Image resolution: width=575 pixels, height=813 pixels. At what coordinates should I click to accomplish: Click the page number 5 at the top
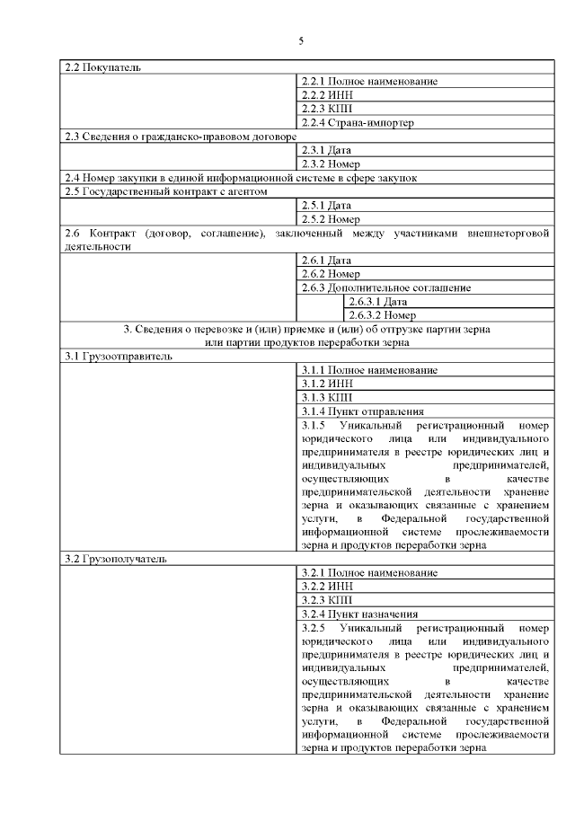pyautogui.click(x=301, y=40)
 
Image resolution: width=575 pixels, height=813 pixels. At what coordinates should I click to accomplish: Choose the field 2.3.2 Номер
pyautogui.click(x=331, y=163)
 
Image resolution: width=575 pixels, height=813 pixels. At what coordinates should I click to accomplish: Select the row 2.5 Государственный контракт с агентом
pyautogui.click(x=166, y=191)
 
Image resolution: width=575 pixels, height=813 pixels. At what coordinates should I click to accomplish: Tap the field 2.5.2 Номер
pyautogui.click(x=331, y=218)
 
